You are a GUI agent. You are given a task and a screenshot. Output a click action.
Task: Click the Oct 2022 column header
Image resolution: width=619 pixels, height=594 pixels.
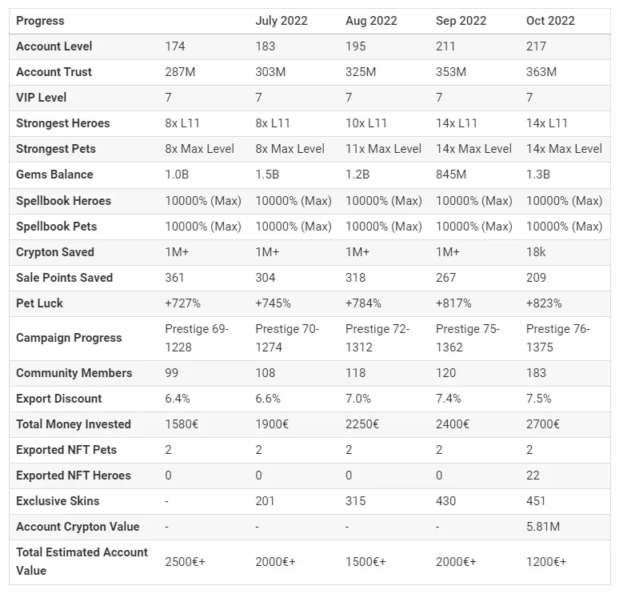550,21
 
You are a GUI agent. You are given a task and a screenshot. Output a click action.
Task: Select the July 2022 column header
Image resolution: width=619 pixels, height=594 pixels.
281,21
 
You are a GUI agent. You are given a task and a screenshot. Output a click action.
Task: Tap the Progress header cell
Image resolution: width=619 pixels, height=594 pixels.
40,21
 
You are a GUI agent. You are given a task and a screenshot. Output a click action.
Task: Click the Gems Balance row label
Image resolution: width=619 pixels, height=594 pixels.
54,175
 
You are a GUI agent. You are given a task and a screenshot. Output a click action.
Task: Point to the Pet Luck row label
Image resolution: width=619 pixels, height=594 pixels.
39,303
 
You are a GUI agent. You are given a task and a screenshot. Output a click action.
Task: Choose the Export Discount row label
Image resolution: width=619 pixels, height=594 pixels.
59,399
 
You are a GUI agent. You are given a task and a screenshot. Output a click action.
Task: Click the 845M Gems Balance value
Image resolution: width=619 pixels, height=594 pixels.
451,175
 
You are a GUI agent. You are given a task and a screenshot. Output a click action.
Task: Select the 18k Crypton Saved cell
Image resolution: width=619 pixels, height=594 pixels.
536,251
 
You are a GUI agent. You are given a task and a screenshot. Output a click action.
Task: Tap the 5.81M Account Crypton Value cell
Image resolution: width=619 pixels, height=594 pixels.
543,527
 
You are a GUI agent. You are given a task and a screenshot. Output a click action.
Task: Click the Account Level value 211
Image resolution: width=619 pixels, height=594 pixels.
445,46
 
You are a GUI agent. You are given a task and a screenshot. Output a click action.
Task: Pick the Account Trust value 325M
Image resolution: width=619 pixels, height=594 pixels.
361,72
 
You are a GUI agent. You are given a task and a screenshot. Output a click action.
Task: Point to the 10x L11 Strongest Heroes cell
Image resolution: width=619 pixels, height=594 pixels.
366,123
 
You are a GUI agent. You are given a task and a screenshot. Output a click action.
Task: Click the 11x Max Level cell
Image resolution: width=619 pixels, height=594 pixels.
383,149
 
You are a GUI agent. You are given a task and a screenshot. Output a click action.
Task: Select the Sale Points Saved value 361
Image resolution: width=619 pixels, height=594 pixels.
174,278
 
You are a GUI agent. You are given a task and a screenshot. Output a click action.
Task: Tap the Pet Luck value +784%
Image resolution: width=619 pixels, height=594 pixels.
363,303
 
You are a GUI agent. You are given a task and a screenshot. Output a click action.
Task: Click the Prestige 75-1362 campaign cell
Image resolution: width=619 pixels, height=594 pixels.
467,338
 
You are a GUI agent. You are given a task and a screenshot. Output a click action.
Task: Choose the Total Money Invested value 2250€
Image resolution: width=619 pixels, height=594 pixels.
362,424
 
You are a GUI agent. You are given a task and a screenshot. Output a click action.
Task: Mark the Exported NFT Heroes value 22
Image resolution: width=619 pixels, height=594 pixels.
533,475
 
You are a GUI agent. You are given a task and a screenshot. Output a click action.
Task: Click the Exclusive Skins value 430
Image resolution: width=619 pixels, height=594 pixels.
445,500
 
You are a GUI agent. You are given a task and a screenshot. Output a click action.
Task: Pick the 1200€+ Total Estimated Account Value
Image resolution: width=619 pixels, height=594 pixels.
546,562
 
